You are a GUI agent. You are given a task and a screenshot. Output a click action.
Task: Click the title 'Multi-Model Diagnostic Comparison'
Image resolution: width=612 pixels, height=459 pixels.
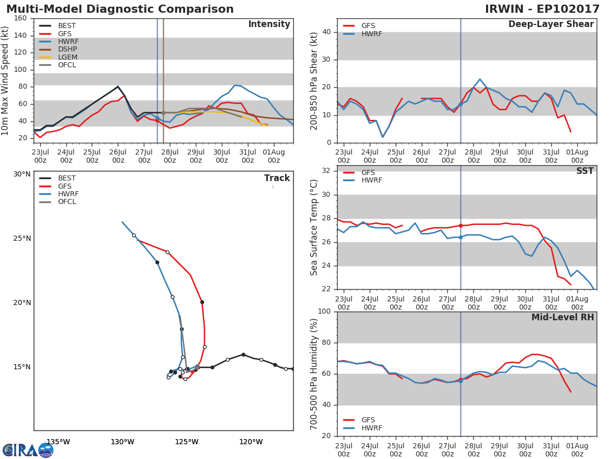120,9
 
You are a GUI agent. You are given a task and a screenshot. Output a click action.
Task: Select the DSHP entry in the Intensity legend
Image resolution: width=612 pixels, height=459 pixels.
66,49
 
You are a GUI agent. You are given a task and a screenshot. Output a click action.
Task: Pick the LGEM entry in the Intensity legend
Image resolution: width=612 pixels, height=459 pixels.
67,57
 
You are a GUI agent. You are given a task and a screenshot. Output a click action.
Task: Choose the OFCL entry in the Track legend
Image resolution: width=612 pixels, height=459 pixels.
67,201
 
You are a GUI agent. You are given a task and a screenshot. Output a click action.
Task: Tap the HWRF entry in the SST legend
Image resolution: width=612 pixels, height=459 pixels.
371,180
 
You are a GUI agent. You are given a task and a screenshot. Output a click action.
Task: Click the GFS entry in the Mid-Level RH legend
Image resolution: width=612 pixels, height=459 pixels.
368,420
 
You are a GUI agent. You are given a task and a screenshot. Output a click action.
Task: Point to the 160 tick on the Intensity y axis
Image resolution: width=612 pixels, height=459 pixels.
20,18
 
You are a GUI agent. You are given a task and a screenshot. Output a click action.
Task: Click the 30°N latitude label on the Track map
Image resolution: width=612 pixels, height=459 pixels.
22,174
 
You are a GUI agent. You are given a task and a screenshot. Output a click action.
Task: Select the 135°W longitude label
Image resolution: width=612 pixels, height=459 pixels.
58,442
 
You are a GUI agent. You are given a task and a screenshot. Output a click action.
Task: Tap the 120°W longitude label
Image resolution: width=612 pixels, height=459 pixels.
251,442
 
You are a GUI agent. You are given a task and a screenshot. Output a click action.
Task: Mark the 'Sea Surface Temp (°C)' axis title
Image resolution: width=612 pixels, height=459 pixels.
314,227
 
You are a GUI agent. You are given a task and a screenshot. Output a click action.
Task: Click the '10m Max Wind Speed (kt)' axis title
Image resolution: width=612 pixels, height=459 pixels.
6,81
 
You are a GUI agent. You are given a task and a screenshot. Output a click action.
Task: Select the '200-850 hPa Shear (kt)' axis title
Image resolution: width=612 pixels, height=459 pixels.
314,81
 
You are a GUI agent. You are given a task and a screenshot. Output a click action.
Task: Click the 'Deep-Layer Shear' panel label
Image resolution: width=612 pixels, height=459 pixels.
551,24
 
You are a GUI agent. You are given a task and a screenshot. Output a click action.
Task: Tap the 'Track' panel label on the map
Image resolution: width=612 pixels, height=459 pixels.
277,178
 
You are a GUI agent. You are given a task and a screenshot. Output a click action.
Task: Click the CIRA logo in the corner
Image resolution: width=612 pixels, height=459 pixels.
28,450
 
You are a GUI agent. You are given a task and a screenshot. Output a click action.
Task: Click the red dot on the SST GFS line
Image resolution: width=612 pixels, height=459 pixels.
461,225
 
